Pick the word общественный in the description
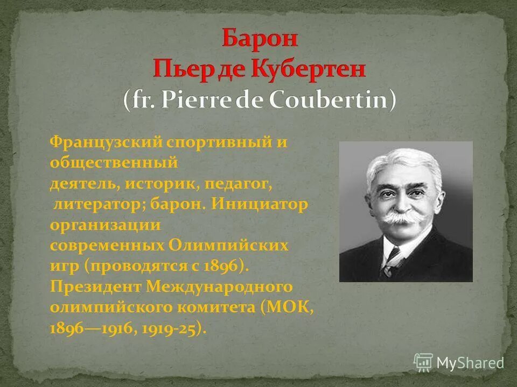pyautogui.click(x=114, y=162)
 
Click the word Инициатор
pyautogui.click(x=260, y=205)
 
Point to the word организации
pyautogui.click(x=105, y=225)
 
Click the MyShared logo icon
pyautogui.click(x=423, y=363)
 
